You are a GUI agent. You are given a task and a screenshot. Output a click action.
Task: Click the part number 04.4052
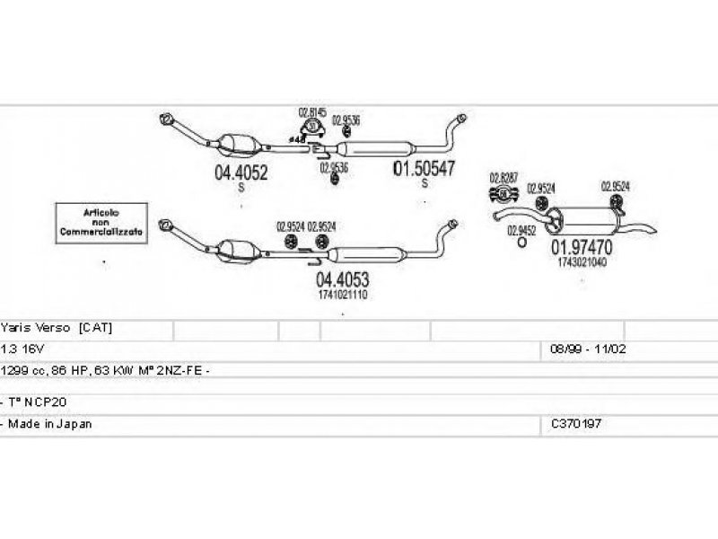click(x=241, y=173)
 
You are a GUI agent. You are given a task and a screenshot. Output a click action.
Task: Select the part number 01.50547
click(x=425, y=168)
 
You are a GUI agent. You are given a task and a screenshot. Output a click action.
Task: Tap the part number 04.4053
click(x=343, y=279)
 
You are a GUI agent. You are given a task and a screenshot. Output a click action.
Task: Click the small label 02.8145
click(x=311, y=112)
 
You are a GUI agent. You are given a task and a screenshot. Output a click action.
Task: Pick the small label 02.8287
click(x=503, y=176)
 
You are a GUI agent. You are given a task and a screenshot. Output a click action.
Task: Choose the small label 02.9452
click(x=521, y=230)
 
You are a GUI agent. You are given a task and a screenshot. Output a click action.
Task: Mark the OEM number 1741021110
click(x=343, y=295)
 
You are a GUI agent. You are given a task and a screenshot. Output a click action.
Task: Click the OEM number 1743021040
click(x=582, y=262)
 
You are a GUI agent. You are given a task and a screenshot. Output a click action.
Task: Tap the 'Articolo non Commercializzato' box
click(x=101, y=221)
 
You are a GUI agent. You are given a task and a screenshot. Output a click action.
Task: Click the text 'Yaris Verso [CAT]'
click(x=57, y=328)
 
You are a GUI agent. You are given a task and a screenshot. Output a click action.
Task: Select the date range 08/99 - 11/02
click(x=582, y=348)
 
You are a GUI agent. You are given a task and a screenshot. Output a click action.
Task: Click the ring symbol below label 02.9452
click(x=522, y=243)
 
